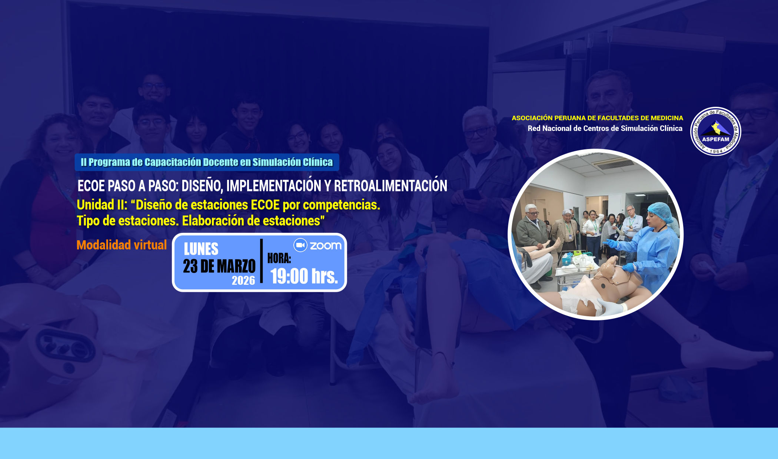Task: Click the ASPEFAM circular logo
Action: (716, 131)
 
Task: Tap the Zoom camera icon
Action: (300, 245)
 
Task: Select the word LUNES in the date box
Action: (201, 249)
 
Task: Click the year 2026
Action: (243, 280)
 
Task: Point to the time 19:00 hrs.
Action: (304, 276)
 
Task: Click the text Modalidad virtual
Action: (122, 245)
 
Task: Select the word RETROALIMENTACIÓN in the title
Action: (391, 186)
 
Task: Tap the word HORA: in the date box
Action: (279, 258)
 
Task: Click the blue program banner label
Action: (207, 162)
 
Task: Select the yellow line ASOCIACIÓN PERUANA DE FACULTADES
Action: (597, 118)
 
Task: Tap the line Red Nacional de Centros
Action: (605, 128)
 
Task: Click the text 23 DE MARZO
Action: (219, 266)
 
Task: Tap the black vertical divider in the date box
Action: (262, 261)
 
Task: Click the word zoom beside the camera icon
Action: (326, 245)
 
